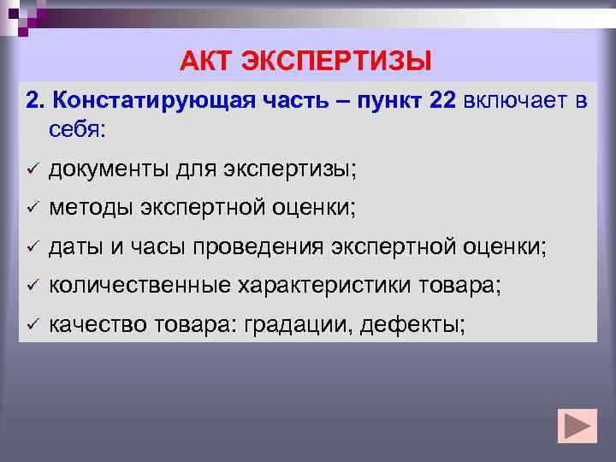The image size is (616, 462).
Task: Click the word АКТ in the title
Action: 205,62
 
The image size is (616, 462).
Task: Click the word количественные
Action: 137,287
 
